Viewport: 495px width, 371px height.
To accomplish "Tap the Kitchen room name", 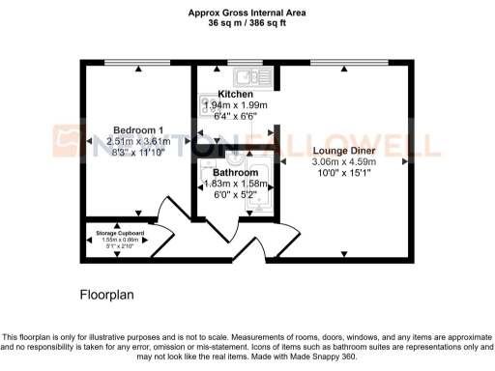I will (x=235, y=94).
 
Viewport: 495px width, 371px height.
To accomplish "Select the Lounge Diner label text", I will (x=343, y=151).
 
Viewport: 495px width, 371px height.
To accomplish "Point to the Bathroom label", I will (x=235, y=173).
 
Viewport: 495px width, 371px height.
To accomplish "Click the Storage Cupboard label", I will (x=118, y=233).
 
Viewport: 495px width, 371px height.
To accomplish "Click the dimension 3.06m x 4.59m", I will (x=343, y=162).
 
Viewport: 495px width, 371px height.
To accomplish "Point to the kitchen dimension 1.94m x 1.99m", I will (x=235, y=104).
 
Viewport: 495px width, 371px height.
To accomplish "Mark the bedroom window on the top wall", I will (x=134, y=64).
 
